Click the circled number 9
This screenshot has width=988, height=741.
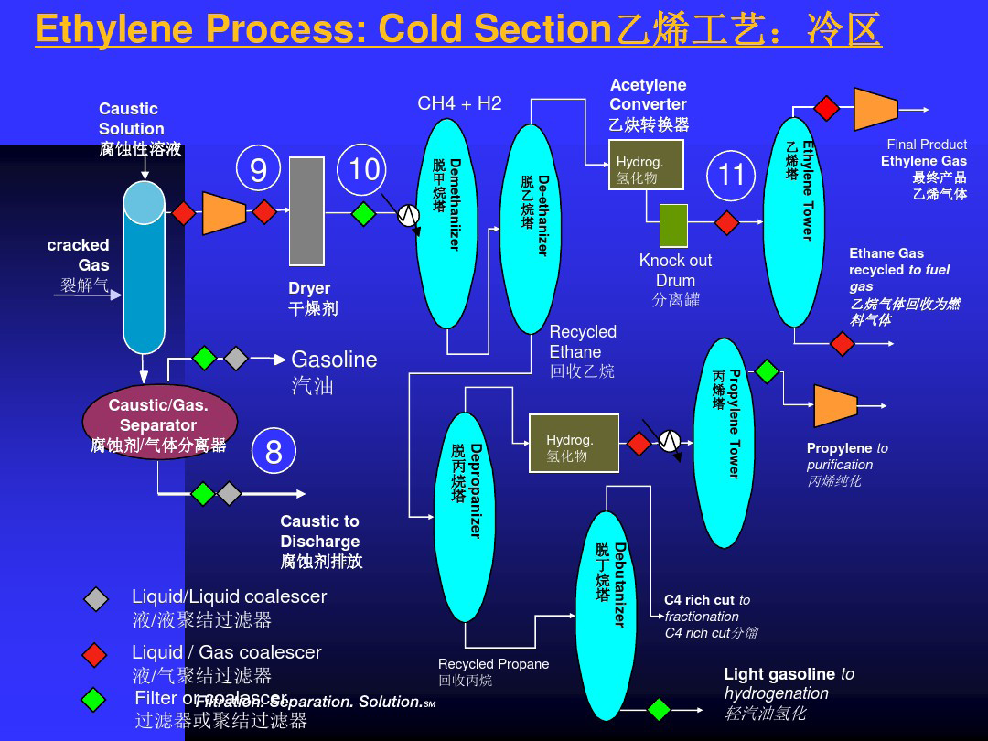tap(259, 169)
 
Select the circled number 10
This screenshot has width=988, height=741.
tap(364, 169)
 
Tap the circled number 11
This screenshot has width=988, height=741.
tap(731, 174)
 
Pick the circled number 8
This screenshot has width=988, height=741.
tap(274, 452)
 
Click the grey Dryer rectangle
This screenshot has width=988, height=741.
tap(306, 211)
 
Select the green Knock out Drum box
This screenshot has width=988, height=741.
tap(673, 225)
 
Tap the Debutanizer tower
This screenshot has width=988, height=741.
tap(606, 604)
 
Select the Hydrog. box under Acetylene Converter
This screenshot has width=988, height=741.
tap(646, 165)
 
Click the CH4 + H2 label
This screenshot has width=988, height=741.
tap(459, 103)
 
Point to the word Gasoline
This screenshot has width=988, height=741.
tap(334, 360)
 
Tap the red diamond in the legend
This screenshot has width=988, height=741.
tap(95, 655)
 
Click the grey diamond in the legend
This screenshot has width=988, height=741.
tap(95, 599)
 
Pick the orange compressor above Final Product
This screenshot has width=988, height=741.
tap(875, 109)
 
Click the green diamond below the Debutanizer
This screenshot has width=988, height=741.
tap(659, 709)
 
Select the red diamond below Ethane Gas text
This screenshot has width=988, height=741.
tap(842, 344)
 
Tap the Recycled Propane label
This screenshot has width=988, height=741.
tap(493, 664)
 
